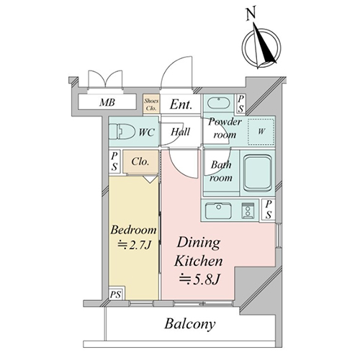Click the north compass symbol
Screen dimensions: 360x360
(261, 47)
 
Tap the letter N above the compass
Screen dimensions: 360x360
(251, 14)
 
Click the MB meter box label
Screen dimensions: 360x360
(107, 102)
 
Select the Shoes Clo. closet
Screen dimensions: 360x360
(151, 104)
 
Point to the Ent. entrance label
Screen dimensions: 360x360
(181, 104)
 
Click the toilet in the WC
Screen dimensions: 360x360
(122, 132)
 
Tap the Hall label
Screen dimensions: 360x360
(180, 132)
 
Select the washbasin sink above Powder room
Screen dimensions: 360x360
(218, 103)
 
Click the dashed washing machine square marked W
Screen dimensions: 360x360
(261, 132)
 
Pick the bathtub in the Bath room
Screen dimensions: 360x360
(258, 172)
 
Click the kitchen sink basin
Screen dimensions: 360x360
(219, 210)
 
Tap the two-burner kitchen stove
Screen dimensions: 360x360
(248, 211)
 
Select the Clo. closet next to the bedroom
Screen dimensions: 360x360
(140, 161)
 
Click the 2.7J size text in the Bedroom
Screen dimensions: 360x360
(135, 245)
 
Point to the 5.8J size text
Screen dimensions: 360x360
(199, 279)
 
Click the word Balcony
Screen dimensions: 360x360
(190, 324)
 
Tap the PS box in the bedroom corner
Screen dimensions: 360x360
(116, 294)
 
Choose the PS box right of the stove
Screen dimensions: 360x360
(269, 210)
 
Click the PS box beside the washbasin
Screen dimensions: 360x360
(240, 104)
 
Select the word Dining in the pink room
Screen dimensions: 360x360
(199, 243)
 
